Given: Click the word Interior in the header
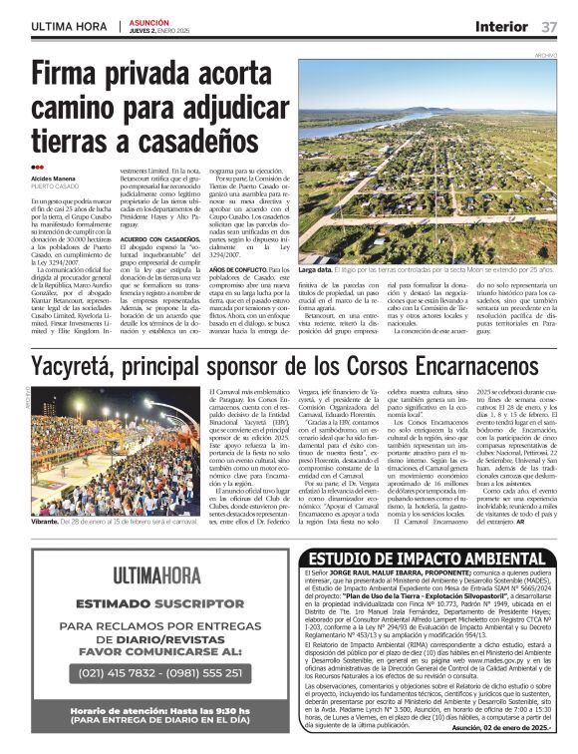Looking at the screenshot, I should [501, 26].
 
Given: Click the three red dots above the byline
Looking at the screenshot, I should [38, 168].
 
